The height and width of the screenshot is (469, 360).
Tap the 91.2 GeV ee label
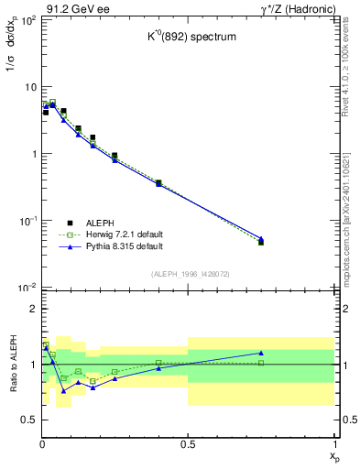[72, 8]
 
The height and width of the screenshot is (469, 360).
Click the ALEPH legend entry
[100, 223]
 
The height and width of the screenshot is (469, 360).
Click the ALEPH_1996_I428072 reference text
[189, 274]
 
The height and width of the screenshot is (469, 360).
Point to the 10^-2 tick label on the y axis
[27, 288]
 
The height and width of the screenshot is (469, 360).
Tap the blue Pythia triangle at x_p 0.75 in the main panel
[261, 238]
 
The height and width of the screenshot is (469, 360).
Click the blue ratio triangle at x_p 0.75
[261, 353]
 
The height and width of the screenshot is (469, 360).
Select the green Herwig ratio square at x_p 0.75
[261, 363]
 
